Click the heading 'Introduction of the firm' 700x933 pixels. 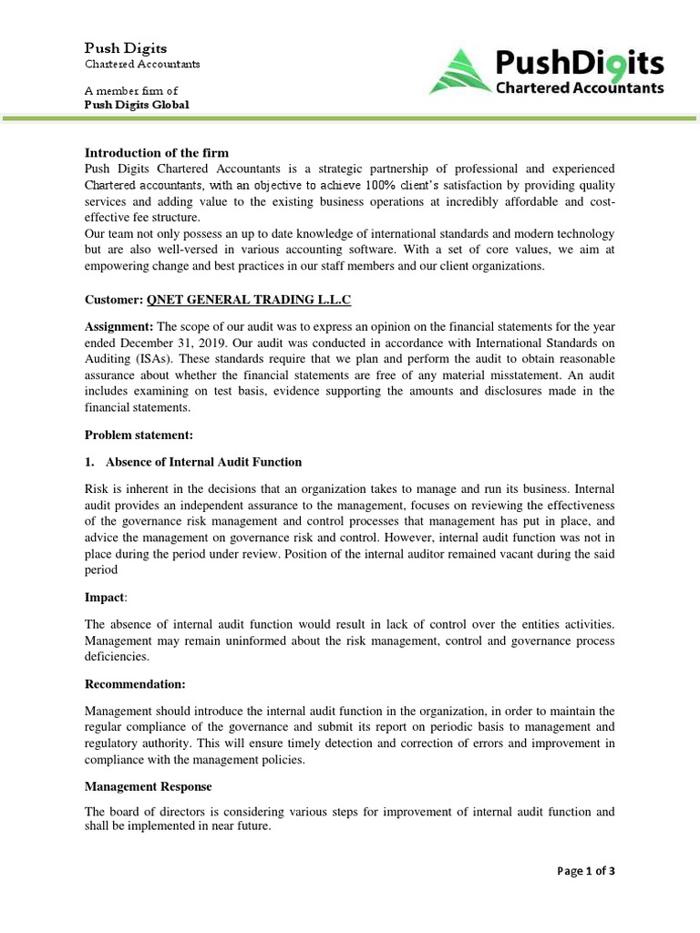pyautogui.click(x=157, y=152)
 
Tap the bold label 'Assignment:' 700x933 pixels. pyautogui.click(x=119, y=327)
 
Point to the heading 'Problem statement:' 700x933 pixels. pyautogui.click(x=139, y=436)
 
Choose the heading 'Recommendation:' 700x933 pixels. pyautogui.click(x=135, y=683)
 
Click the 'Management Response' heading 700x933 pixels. pyautogui.click(x=147, y=785)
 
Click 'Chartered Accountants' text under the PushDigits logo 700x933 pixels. pyautogui.click(x=579, y=88)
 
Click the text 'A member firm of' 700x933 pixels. pyautogui.click(x=131, y=91)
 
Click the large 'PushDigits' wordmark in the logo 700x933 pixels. pyautogui.click(x=579, y=63)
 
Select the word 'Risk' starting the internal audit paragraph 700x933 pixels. pyautogui.click(x=98, y=487)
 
